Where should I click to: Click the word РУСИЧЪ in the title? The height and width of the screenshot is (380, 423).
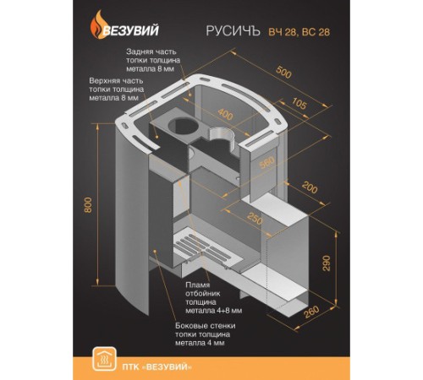233,31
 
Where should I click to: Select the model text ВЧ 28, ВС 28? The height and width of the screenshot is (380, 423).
299,32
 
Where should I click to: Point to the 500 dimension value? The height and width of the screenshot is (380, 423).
283,72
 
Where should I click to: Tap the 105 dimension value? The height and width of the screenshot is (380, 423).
298,103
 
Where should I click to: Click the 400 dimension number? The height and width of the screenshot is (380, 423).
225,114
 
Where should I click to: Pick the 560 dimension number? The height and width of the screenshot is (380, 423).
266,162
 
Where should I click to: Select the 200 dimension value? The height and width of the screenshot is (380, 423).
309,187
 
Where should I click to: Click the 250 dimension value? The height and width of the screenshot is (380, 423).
255,218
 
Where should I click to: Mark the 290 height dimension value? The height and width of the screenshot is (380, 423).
327,263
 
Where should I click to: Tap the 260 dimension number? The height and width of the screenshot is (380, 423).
311,312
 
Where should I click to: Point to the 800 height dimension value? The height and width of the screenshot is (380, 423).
88,205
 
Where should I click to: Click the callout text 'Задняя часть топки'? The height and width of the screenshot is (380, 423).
153,60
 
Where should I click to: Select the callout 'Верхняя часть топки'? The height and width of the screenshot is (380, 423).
117,90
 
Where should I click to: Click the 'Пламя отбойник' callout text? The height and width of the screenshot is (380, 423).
214,298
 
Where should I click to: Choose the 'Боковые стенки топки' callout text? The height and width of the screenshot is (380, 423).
206,334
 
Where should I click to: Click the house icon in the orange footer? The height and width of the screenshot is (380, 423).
104,359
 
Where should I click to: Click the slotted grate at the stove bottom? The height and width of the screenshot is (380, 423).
205,251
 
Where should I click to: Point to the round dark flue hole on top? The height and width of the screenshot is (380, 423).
184,127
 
